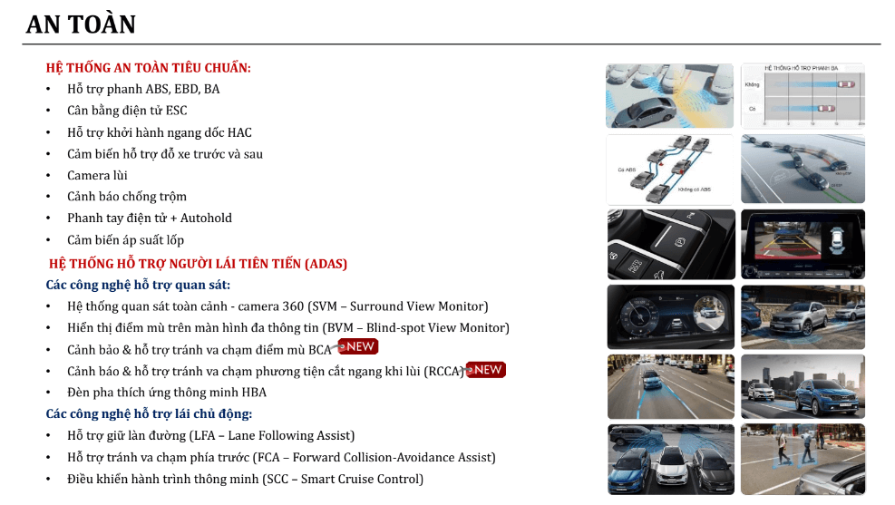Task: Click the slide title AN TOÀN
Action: tap(81, 24)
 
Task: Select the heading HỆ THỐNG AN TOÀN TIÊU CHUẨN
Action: tap(149, 68)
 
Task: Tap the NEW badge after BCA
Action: tap(358, 347)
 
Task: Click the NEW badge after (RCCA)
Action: tap(486, 370)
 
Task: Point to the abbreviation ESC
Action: tap(176, 111)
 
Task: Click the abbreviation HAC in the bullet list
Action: tap(239, 132)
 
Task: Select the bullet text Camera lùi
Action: tap(97, 175)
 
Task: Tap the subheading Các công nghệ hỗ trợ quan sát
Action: tap(138, 285)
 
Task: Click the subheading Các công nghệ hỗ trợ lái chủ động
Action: tap(149, 414)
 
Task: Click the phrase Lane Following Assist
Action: tap(290, 436)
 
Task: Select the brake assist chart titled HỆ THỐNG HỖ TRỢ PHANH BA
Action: tap(803, 95)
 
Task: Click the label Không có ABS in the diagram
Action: tap(694, 190)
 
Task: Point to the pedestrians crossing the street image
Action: tap(803, 459)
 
